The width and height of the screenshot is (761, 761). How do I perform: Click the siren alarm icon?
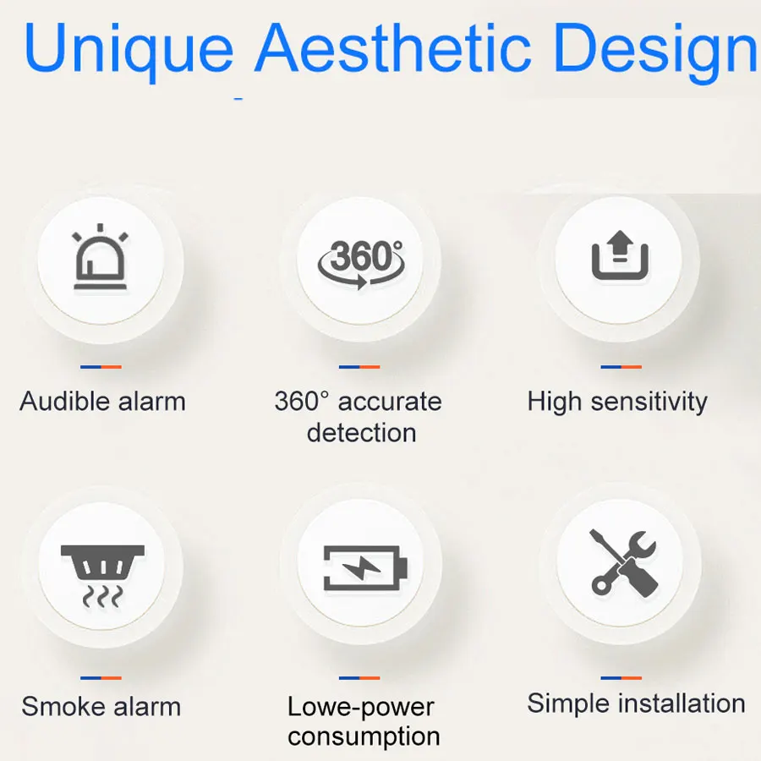(101, 257)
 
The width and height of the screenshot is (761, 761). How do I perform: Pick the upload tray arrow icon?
(620, 258)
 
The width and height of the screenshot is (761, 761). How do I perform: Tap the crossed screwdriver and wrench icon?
(622, 561)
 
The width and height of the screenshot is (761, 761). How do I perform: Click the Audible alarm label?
(102, 401)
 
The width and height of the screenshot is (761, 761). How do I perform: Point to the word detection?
(361, 433)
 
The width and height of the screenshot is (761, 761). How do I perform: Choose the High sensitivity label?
(617, 401)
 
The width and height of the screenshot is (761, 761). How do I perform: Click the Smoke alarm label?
(101, 707)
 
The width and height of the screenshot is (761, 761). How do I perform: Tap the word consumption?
(364, 736)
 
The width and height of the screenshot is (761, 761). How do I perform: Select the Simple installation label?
(636, 704)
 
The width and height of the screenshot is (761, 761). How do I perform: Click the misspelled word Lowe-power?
(361, 707)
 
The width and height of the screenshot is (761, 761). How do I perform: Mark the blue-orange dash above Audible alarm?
(101, 367)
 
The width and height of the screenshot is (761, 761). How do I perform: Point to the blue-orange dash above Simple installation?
(621, 677)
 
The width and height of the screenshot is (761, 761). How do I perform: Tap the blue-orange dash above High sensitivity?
(621, 367)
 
